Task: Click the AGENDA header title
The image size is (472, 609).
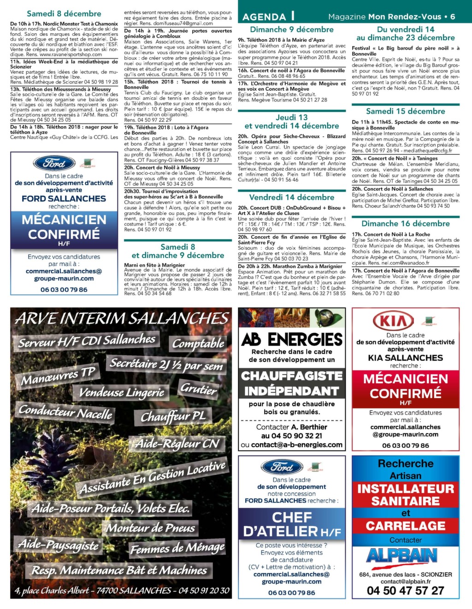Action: click(264, 17)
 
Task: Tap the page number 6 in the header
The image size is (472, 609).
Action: click(453, 17)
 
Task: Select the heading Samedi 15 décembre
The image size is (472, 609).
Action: click(405, 111)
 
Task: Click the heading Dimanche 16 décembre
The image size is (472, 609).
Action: click(405, 224)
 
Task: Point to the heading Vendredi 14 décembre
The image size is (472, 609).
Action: click(291, 198)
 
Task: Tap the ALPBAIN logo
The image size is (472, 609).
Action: click(401, 556)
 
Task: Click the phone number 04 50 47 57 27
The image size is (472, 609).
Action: click(405, 591)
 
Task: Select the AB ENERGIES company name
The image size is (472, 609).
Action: click(292, 340)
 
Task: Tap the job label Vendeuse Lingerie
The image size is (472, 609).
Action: click(122, 392)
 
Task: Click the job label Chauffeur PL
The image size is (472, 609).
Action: click(173, 417)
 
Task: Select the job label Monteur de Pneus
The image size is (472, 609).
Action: click(151, 528)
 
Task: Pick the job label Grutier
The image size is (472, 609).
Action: click(198, 389)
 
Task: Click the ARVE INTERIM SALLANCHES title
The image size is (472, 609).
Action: click(122, 319)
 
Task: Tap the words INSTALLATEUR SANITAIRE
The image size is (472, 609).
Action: click(405, 495)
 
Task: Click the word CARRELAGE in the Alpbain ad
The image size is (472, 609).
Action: click(405, 526)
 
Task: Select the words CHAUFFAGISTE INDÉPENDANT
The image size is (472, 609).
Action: click(291, 383)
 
